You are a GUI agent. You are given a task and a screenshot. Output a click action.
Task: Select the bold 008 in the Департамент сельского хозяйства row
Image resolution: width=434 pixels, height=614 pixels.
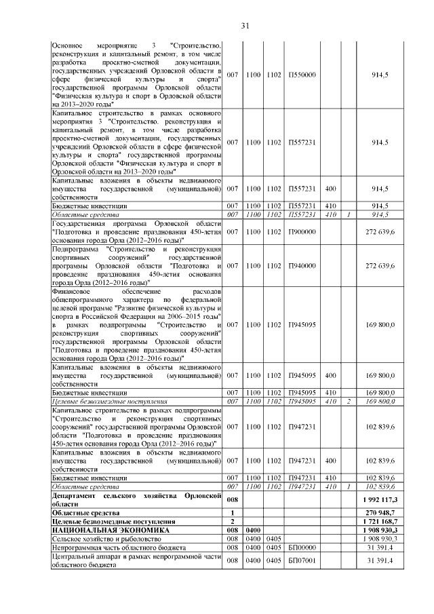point(233,499)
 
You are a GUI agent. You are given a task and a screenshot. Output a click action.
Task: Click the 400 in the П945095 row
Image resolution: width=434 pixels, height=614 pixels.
point(332,375)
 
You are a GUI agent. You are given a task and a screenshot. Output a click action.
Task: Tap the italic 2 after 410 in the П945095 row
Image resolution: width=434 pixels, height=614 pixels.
point(347,402)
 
